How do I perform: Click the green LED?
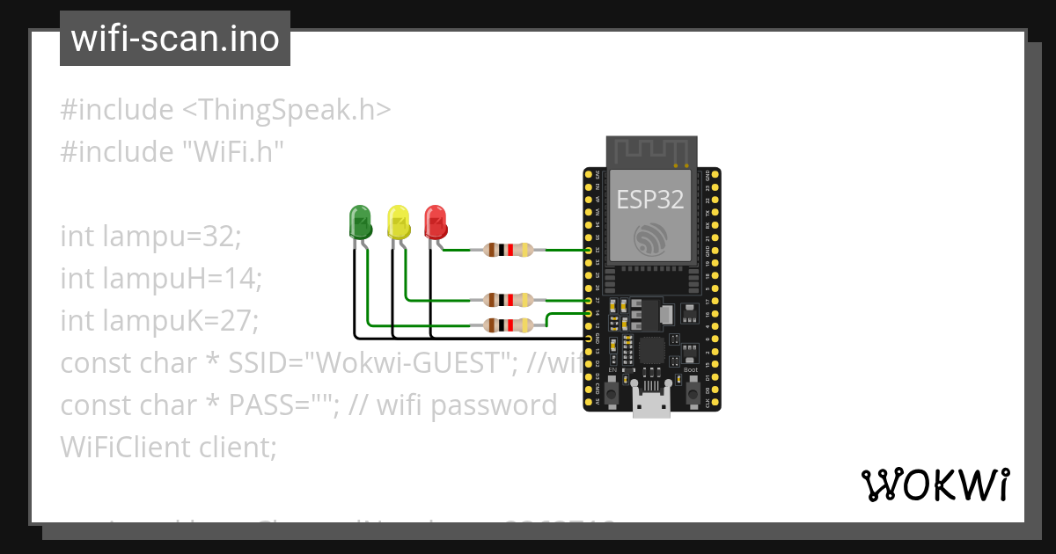click(360, 222)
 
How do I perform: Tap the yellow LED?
click(399, 222)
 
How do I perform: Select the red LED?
click(436, 222)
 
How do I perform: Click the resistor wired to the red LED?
click(508, 250)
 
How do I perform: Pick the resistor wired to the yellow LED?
click(508, 300)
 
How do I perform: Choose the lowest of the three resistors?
click(508, 325)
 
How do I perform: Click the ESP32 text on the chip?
click(649, 200)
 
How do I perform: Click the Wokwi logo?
click(935, 485)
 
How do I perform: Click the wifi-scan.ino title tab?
click(174, 39)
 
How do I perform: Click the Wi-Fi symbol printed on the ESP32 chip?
click(650, 237)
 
